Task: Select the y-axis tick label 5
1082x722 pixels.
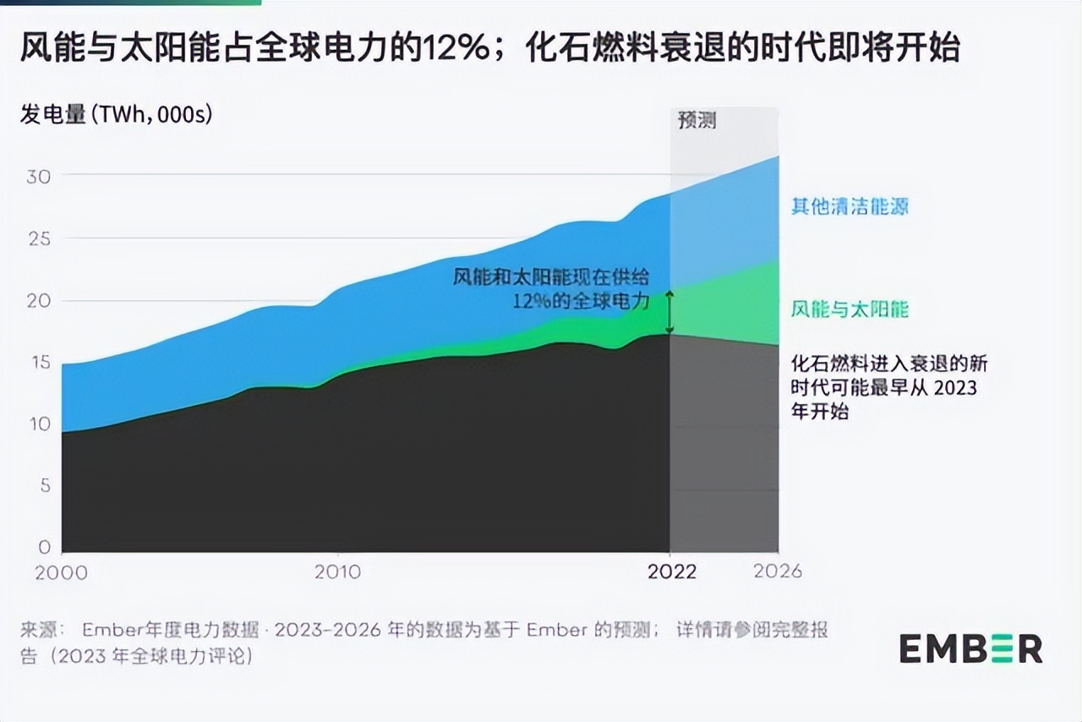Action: pos(44,486)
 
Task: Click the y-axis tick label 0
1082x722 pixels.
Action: pos(44,547)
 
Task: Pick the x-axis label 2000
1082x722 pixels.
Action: pos(61,572)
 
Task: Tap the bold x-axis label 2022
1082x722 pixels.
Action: pos(672,572)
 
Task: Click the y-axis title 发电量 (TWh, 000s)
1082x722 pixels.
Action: pos(116,114)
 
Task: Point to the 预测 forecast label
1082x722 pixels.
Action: pos(697,120)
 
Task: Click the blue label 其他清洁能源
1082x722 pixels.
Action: pos(850,206)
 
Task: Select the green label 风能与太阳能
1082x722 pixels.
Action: pos(850,309)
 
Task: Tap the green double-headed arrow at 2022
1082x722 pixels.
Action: pos(669,312)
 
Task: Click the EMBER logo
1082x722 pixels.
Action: pos(970,648)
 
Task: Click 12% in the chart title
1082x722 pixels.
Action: pos(464,49)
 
